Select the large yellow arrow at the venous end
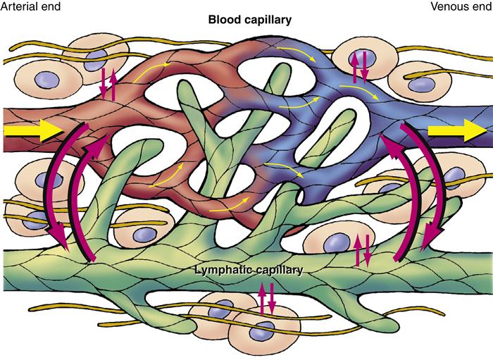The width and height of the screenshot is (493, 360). (x=455, y=131)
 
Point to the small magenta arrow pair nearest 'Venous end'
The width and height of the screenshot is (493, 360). (x=360, y=68)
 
